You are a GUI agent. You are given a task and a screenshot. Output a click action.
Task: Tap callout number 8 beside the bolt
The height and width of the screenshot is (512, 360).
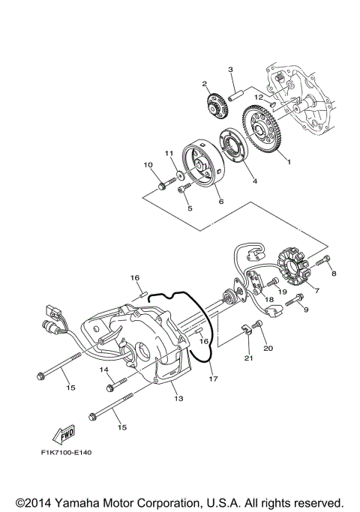[x=334, y=274]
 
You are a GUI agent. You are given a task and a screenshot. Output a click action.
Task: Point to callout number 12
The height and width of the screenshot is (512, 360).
[x=256, y=97]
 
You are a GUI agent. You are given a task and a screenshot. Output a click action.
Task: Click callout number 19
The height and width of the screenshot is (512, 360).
[x=283, y=292]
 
